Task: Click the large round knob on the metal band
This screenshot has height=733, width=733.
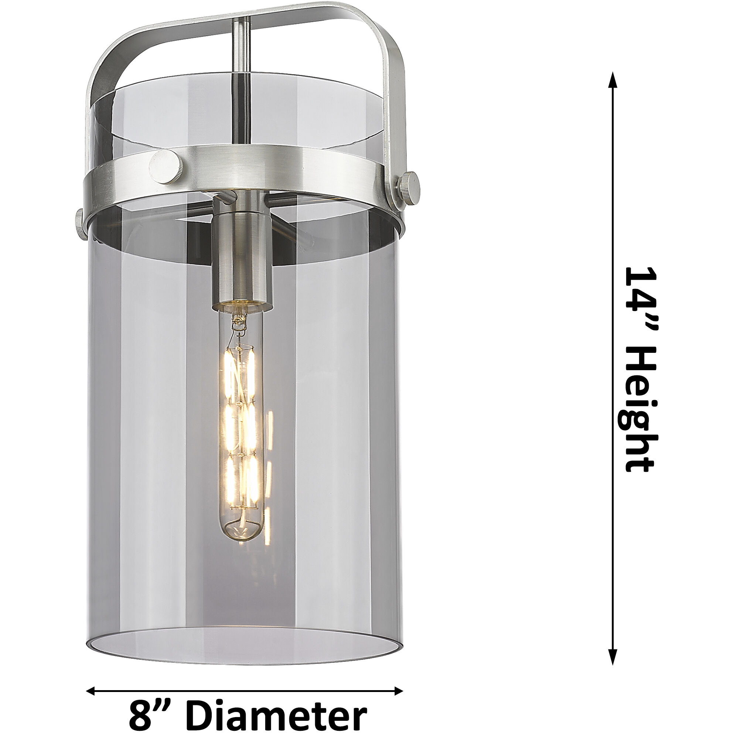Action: coord(166,165)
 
